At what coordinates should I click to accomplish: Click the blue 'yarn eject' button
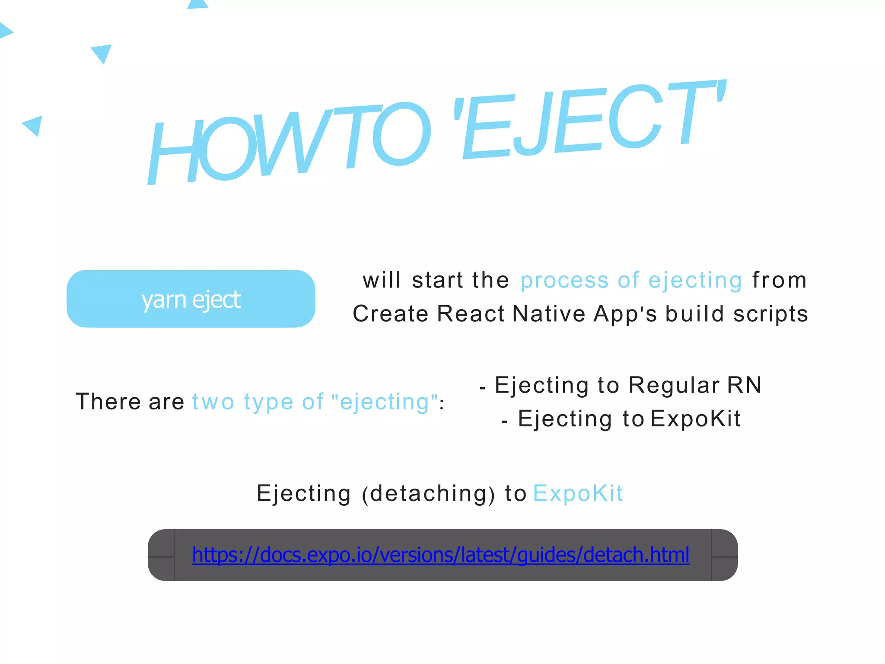tap(191, 299)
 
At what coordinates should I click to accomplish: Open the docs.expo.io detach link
tap(440, 555)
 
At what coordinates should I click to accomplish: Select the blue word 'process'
tap(564, 281)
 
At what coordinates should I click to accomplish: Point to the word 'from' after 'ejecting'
tap(779, 280)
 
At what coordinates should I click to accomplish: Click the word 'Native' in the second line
tap(549, 313)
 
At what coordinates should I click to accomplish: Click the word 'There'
tap(108, 402)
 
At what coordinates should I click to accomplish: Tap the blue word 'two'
tap(213, 402)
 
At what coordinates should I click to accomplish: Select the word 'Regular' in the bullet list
tap(674, 385)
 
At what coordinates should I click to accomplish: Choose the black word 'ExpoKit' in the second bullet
tap(696, 418)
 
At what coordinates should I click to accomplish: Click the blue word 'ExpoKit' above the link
tap(578, 493)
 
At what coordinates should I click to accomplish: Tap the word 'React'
tap(471, 313)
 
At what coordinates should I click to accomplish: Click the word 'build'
tap(694, 313)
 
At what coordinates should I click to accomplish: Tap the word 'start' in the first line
tap(437, 280)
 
